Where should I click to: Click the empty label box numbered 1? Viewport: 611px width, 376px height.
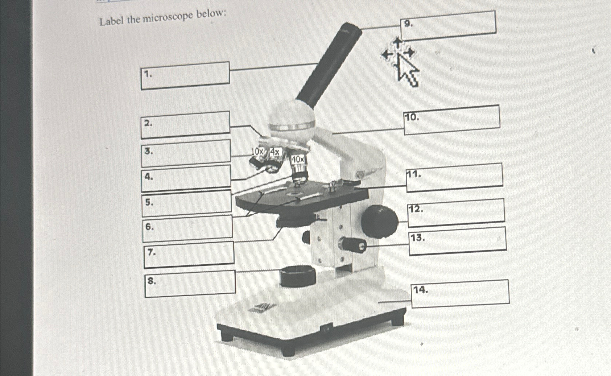coord(185,75)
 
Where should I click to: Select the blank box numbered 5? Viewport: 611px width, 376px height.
coord(187,202)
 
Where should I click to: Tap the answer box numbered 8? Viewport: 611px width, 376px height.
coord(190,284)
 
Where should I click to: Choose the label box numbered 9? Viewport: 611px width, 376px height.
coord(448,25)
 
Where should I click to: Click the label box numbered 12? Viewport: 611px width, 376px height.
coord(456,211)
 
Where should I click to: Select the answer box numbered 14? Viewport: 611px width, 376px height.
coord(460,294)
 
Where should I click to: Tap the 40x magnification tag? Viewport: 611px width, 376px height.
coord(298,160)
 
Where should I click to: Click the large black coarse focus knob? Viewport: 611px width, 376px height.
coord(379,221)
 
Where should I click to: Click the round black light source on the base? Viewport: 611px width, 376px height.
coord(298,276)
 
